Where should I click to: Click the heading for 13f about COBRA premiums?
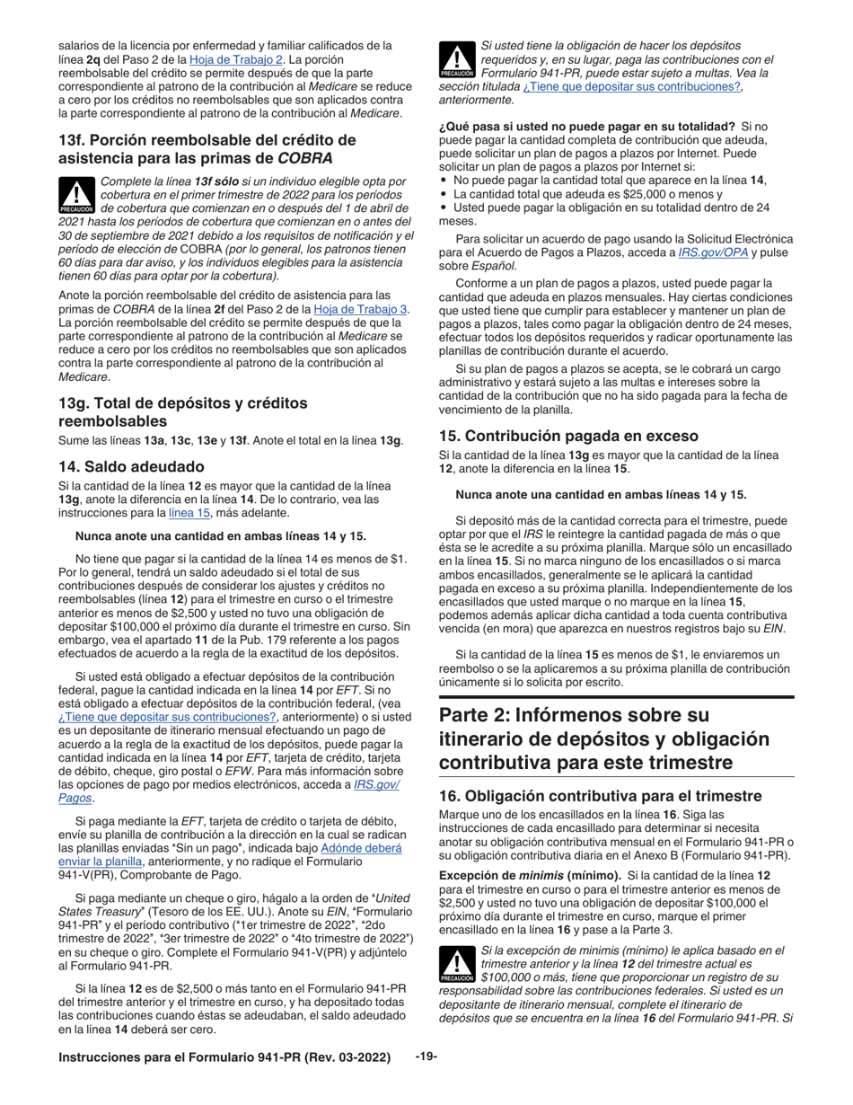207,149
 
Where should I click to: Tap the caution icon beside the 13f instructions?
77,193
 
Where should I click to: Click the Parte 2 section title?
604,738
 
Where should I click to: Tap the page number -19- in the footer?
426,1057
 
